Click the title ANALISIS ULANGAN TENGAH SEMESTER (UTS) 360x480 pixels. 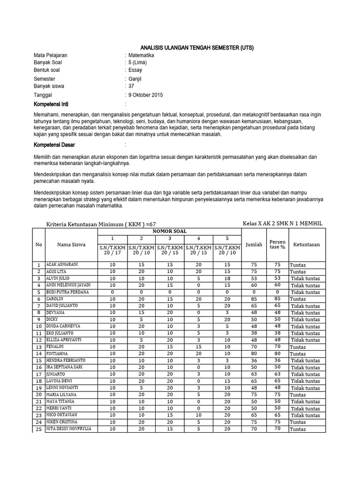[x=197, y=48]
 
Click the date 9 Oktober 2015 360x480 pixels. [x=145, y=95]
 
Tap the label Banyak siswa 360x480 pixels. [x=49, y=86]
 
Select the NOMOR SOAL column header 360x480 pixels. [x=170, y=231]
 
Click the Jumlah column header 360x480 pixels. [x=254, y=244]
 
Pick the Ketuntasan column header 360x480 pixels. [x=307, y=244]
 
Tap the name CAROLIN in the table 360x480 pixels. [x=54, y=299]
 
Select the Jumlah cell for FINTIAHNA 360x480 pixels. [x=254, y=353]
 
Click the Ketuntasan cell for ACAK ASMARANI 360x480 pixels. [x=298, y=265]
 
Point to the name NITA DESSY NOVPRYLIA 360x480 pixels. [x=68, y=428]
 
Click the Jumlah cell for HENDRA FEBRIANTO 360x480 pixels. [x=254, y=360]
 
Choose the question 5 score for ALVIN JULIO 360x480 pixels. [x=227, y=278]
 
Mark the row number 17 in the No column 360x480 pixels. [x=38, y=375]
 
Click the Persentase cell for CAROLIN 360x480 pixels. [x=277, y=299]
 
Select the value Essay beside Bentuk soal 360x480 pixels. [x=135, y=70]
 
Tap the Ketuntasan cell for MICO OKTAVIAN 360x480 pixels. [x=305, y=415]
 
